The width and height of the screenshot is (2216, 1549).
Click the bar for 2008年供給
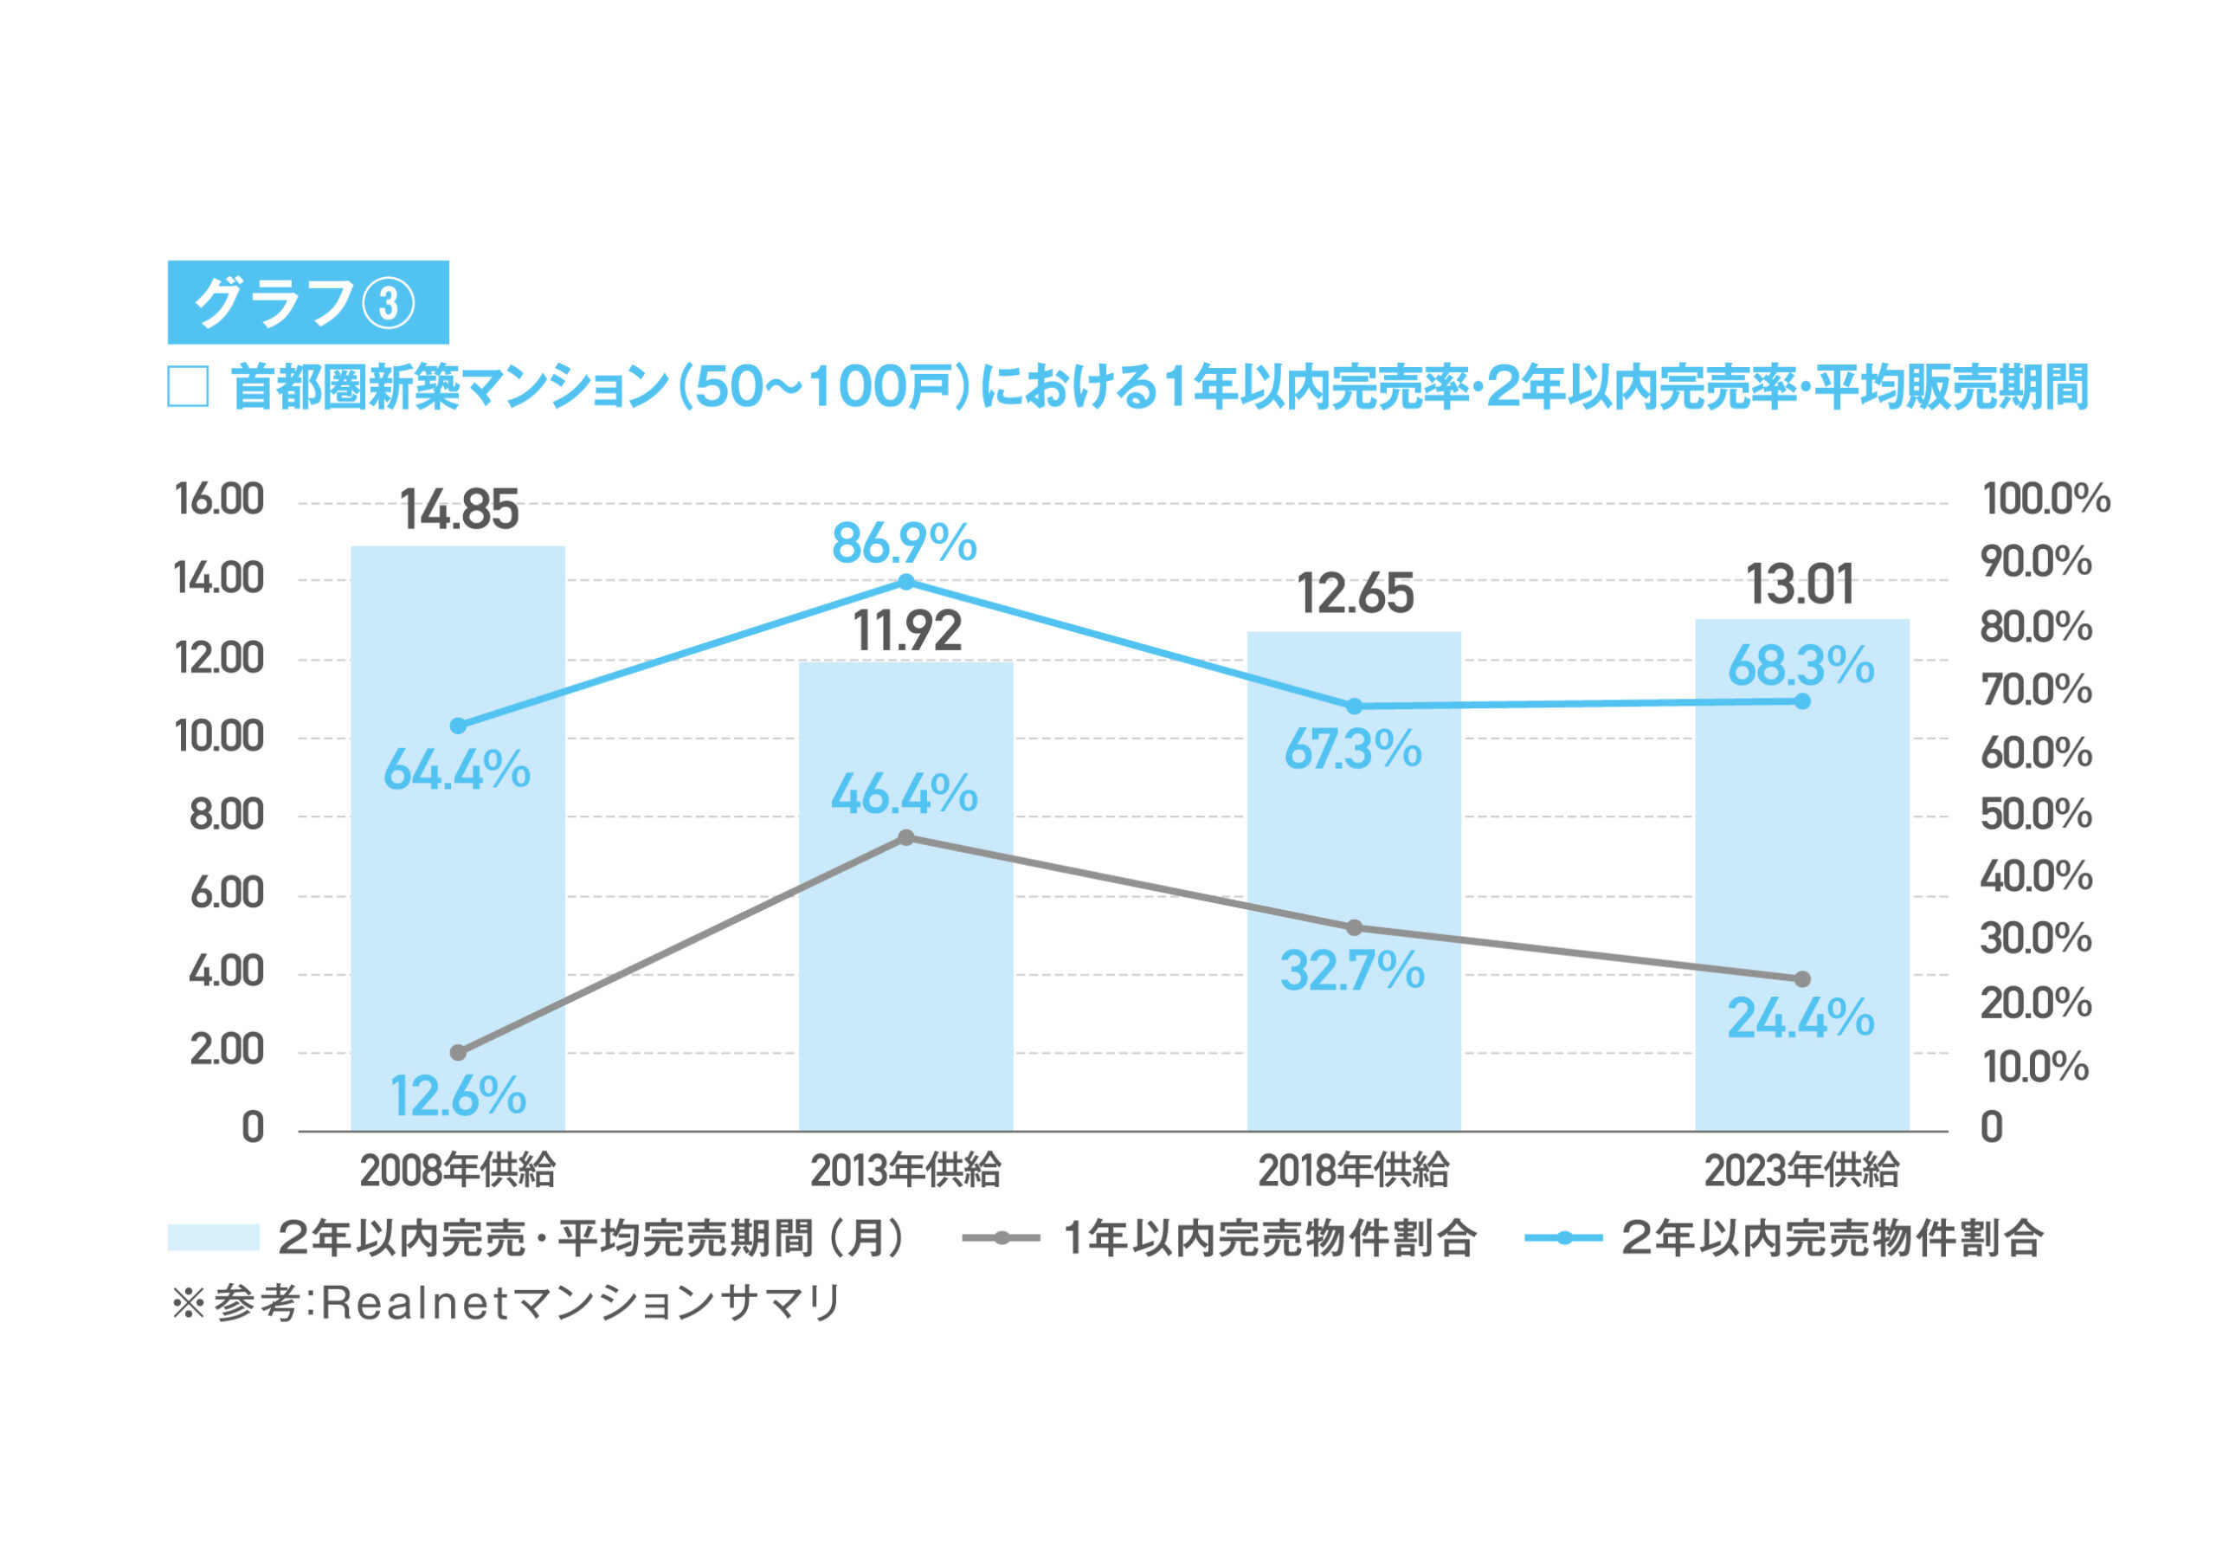(x=458, y=868)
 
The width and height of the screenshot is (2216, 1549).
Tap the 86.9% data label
(x=905, y=544)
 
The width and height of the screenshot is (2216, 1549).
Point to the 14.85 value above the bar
(x=460, y=511)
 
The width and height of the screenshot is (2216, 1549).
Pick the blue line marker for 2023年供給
(x=1802, y=701)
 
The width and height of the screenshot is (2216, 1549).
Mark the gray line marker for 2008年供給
(x=459, y=1053)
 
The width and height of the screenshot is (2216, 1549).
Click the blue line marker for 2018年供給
(x=1354, y=707)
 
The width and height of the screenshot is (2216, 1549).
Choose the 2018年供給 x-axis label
(x=1353, y=1171)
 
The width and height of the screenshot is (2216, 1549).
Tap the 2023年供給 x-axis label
(x=1801, y=1171)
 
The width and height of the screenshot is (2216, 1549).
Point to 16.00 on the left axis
(x=219, y=500)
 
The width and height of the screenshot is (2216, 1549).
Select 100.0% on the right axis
(x=2046, y=500)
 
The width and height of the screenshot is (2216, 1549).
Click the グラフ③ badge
(x=308, y=302)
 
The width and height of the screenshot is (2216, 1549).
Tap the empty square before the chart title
(x=188, y=388)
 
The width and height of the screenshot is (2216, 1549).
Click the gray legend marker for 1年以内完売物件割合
(x=1002, y=1238)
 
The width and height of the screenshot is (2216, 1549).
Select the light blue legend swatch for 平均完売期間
(x=213, y=1238)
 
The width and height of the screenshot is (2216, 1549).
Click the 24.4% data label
(x=1800, y=1019)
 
